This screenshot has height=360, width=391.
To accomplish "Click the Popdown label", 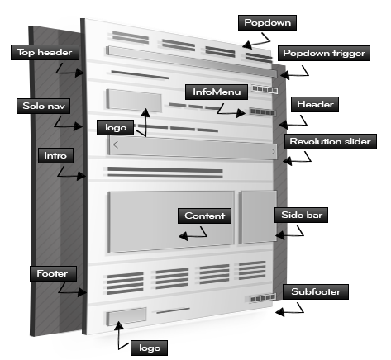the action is (267, 22).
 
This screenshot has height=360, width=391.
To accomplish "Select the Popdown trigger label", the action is (324, 53).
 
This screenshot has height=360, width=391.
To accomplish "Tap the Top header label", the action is (45, 52).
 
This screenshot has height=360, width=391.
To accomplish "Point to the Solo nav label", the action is (43, 106).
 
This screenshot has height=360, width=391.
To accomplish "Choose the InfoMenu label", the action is (217, 92).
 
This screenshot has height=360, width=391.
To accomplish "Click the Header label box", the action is (315, 104).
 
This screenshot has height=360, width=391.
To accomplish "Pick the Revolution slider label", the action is (331, 142).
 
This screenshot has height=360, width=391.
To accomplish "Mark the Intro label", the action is (55, 156).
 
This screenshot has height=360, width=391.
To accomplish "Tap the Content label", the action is (204, 216).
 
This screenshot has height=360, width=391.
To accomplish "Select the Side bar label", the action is (302, 215).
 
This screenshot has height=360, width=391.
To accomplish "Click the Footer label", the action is (53, 274).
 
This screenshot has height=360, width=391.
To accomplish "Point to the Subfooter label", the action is (316, 292).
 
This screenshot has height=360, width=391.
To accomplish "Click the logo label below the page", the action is (150, 348).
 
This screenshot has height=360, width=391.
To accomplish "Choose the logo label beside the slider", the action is (116, 128).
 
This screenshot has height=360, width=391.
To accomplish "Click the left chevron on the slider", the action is (116, 144).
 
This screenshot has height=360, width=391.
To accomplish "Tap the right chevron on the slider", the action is (273, 152).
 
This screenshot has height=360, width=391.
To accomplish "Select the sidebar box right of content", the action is (259, 217).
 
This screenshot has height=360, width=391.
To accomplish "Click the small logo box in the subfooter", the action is (126, 316).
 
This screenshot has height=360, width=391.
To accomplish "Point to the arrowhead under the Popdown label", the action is (246, 44).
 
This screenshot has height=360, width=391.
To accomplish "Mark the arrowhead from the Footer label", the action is (82, 292).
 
